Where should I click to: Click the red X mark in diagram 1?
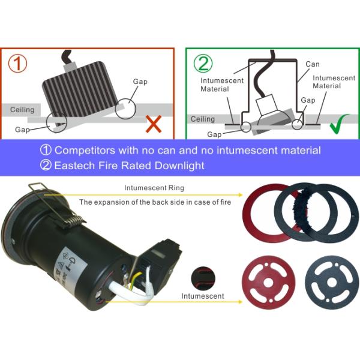click(x=154, y=124)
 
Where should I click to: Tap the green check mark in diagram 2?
click(x=339, y=124)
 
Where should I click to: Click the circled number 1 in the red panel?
click(x=17, y=64)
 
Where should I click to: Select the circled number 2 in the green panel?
click(x=203, y=64)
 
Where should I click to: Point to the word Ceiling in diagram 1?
click(x=22, y=110)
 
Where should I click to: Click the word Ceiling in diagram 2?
click(x=203, y=119)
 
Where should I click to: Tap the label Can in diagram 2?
click(x=313, y=64)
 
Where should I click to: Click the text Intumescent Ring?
click(x=154, y=188)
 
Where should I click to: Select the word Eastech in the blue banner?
click(x=74, y=166)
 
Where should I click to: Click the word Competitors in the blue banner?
click(x=85, y=150)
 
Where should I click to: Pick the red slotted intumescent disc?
click(x=268, y=283)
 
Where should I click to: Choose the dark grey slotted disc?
click(x=332, y=283)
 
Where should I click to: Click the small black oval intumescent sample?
click(x=203, y=278)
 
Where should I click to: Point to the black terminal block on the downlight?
click(x=161, y=264)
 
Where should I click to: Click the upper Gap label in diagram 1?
click(x=140, y=82)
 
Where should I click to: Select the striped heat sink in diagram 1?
click(x=81, y=94)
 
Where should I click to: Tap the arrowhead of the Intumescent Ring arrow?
click(x=241, y=195)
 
